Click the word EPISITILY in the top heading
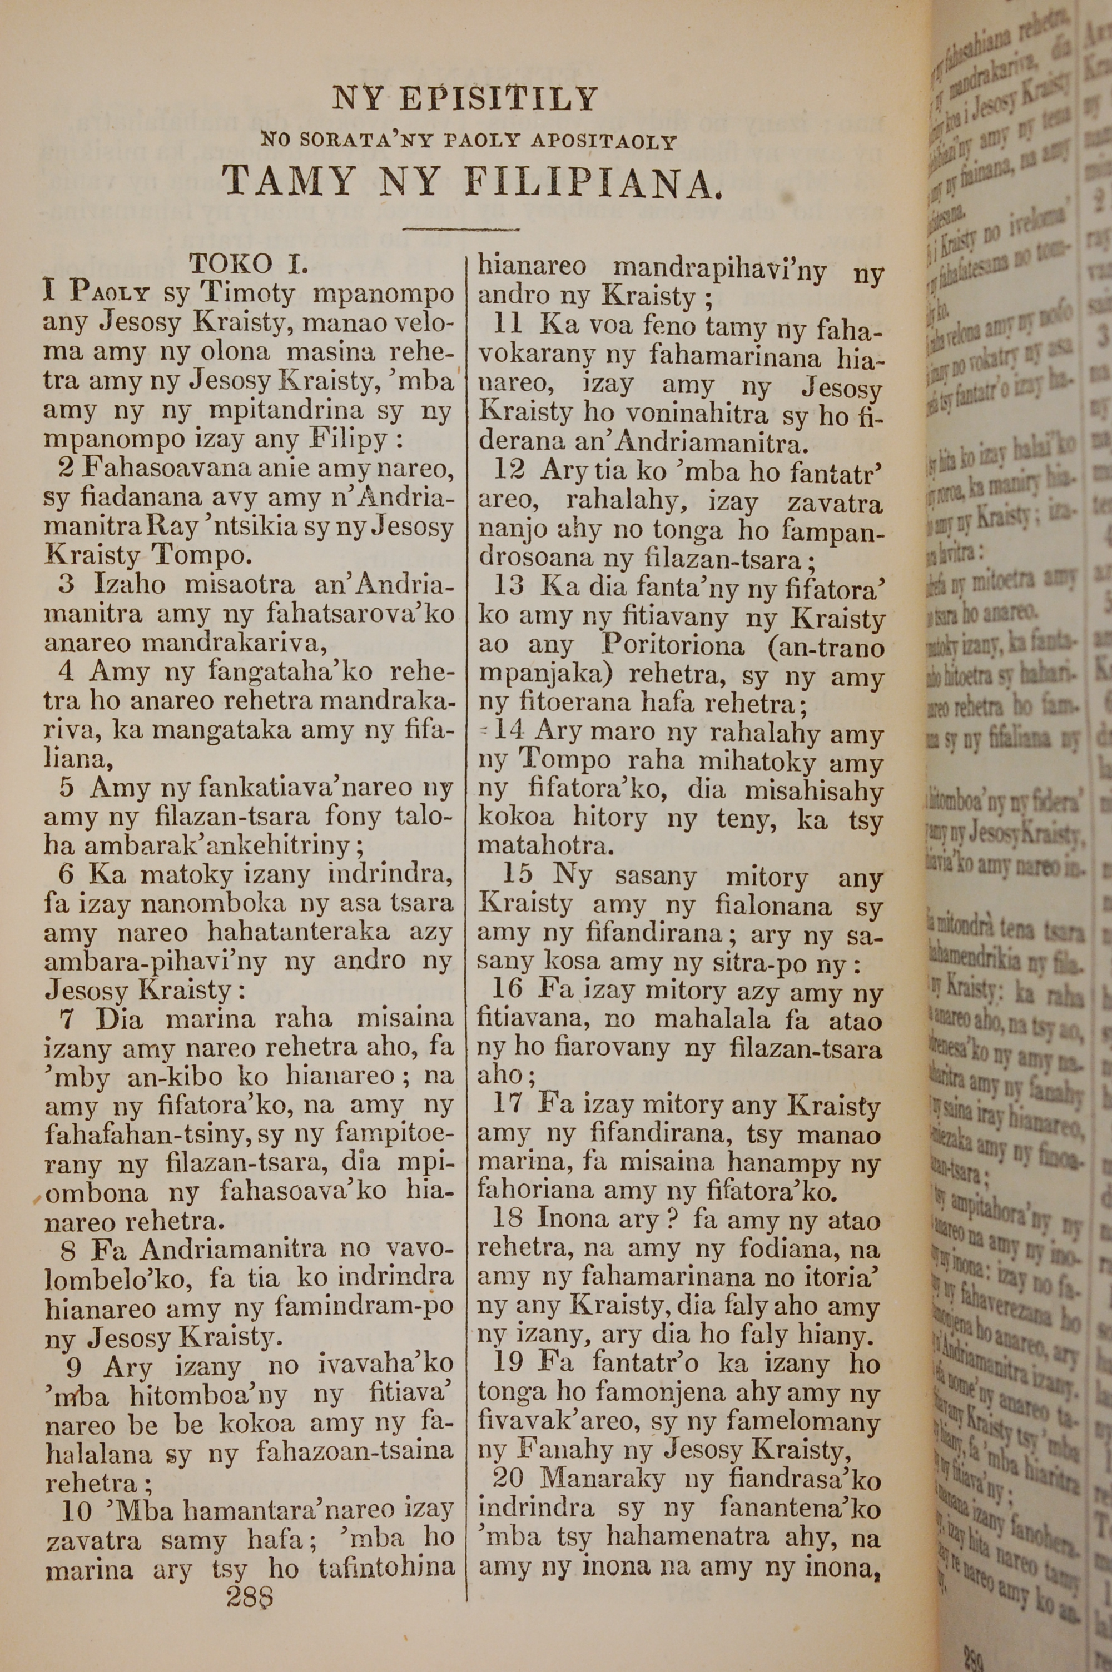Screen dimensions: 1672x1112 (497, 99)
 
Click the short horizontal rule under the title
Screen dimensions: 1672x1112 (460, 229)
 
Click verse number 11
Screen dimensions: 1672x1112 (507, 325)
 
